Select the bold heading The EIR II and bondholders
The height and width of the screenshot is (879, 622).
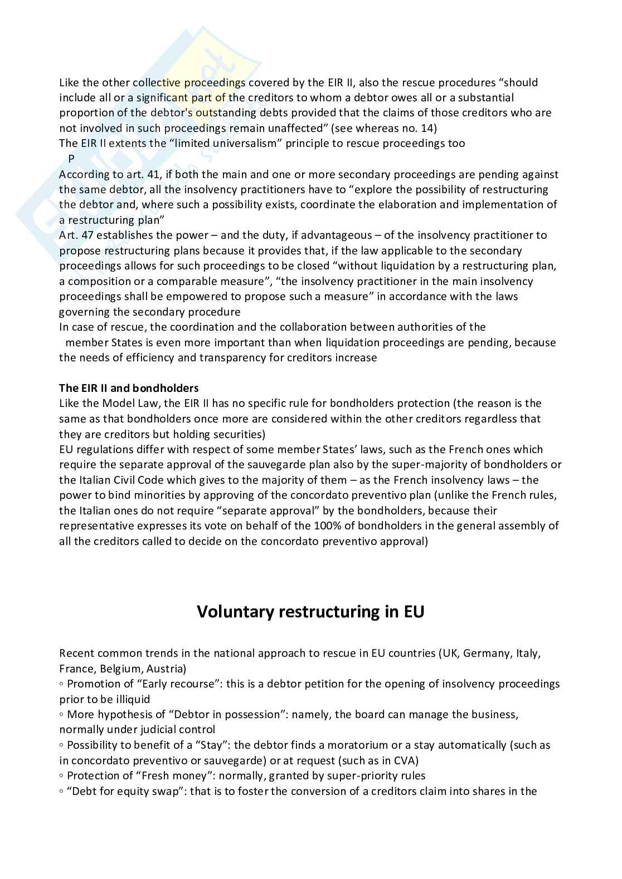pyautogui.click(x=129, y=388)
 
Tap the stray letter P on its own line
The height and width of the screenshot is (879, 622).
pyautogui.click(x=71, y=159)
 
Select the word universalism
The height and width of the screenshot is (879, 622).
pyautogui.click(x=247, y=144)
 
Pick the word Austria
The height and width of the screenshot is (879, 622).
pyautogui.click(x=167, y=669)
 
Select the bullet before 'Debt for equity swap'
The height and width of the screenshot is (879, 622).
pyautogui.click(x=62, y=791)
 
